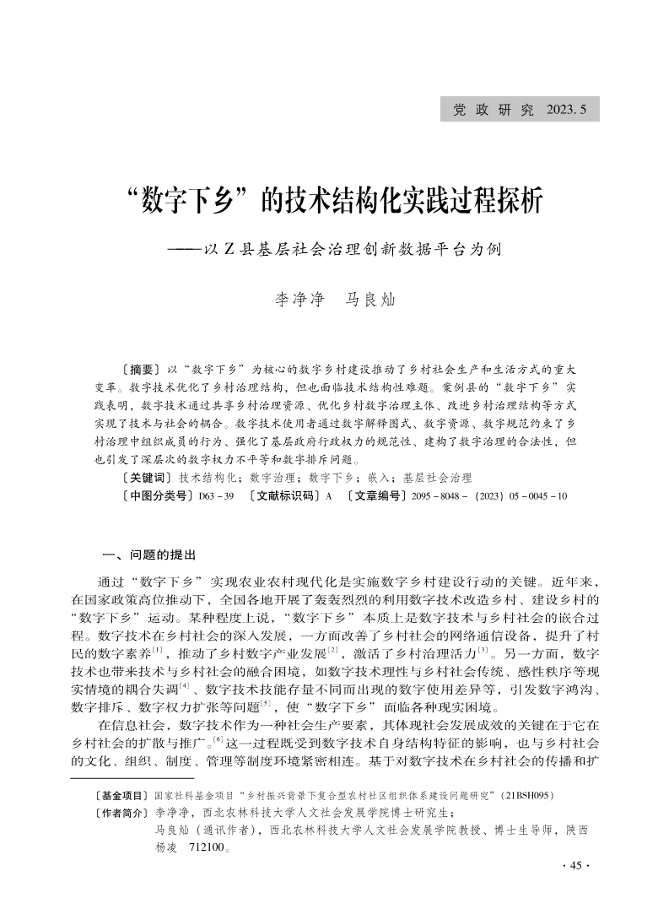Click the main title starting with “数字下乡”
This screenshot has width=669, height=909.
pyautogui.click(x=334, y=203)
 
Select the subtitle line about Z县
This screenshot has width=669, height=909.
pyautogui.click(x=334, y=250)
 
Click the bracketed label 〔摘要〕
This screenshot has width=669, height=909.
pyautogui.click(x=141, y=370)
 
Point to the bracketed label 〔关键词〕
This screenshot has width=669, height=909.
pyautogui.click(x=148, y=478)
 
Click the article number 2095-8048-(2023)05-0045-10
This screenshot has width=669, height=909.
pyautogui.click(x=489, y=496)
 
